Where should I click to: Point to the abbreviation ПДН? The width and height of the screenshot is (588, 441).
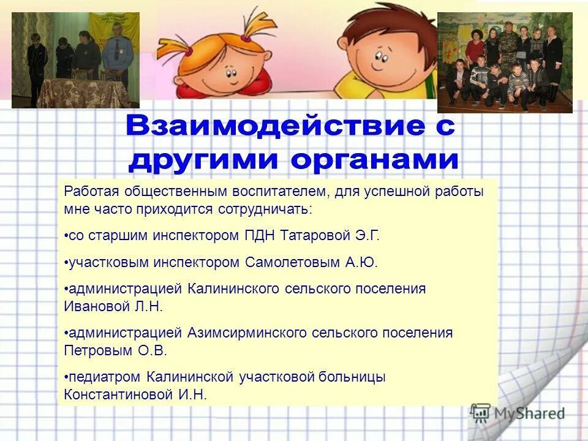coord(259,235)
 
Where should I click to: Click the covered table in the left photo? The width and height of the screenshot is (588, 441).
coord(79,92)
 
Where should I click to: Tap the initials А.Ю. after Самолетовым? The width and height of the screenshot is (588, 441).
coord(361,262)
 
